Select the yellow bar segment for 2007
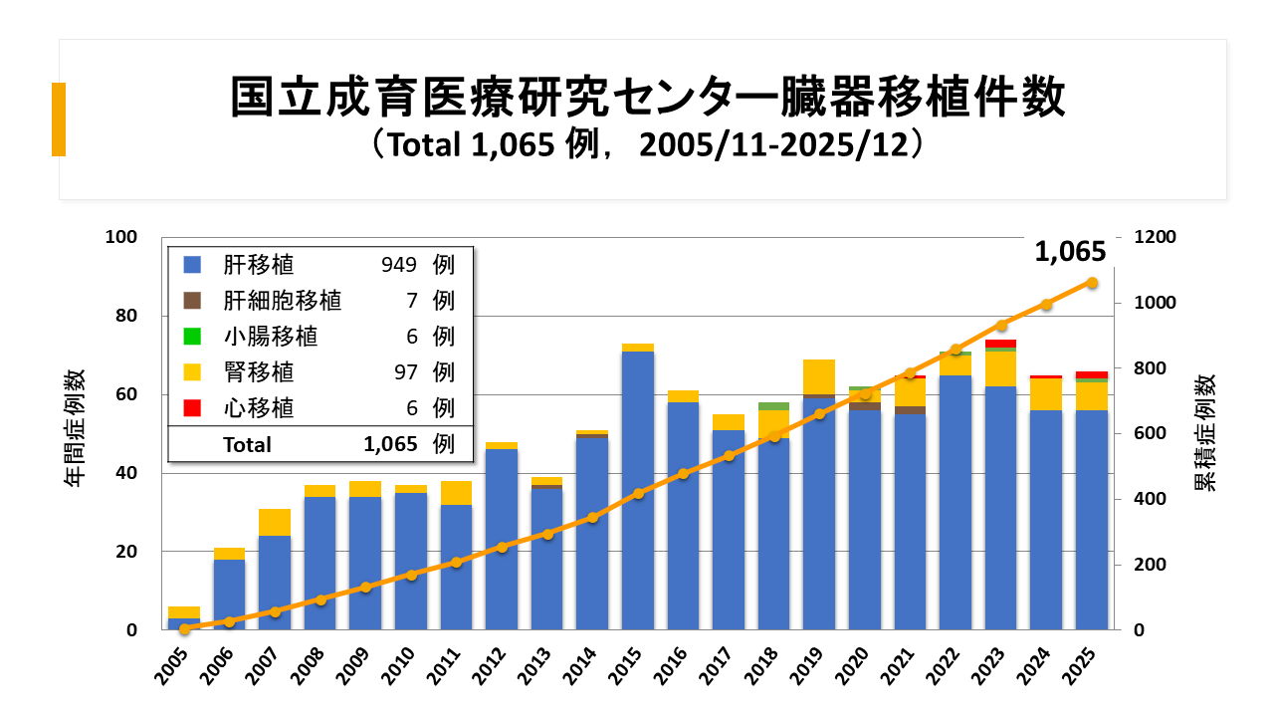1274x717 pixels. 275,522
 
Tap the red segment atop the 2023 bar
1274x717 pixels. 1001,344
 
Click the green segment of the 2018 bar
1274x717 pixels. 773,406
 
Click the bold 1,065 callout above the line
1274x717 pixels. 1070,252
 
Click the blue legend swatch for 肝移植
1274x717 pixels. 193,265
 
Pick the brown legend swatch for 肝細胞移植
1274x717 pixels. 193,301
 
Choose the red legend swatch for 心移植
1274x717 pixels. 193,407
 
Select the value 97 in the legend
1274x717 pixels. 405,371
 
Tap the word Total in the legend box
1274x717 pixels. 247,445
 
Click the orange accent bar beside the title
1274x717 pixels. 59,119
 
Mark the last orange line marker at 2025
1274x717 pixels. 1092,283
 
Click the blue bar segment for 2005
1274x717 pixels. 184,624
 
